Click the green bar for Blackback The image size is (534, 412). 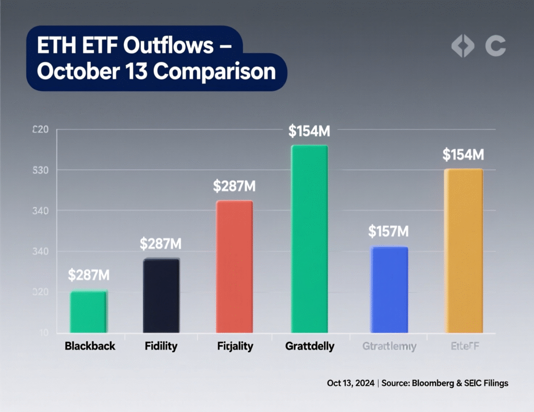pyautogui.click(x=88, y=312)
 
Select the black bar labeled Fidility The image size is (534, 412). pyautogui.click(x=161, y=296)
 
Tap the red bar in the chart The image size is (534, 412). pyautogui.click(x=234, y=266)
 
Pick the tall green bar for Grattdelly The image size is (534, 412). pyautogui.click(x=309, y=239)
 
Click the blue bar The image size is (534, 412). pyautogui.click(x=389, y=289)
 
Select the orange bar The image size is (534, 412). pyautogui.click(x=464, y=251)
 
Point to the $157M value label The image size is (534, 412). pyautogui.click(x=388, y=231)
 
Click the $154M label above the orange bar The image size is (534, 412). pyautogui.click(x=463, y=154)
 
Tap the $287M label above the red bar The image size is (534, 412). pyautogui.click(x=234, y=186)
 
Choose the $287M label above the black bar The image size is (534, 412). pyautogui.click(x=161, y=244)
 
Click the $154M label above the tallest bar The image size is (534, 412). pyautogui.click(x=309, y=131)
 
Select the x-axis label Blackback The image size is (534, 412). pyautogui.click(x=90, y=346)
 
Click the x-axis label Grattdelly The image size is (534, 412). pyautogui.click(x=310, y=346)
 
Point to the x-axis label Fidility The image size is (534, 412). pyautogui.click(x=161, y=346)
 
